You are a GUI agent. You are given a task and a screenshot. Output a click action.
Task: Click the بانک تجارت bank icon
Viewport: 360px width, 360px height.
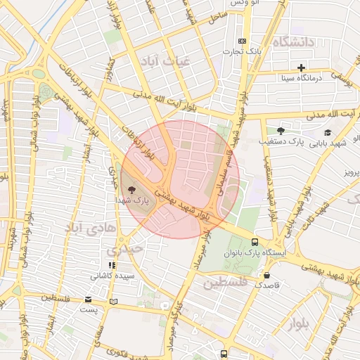pyautogui.click(x=243, y=41)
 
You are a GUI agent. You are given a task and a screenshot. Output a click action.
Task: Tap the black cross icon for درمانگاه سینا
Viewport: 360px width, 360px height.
pyautogui.click(x=302, y=68)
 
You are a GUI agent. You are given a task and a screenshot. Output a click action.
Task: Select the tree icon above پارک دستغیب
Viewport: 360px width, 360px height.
pyautogui.click(x=281, y=131)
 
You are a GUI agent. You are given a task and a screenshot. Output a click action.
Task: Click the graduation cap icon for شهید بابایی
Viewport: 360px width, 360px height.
pyautogui.click(x=327, y=132)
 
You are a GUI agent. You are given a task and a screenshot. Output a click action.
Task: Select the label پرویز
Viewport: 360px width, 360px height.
pyautogui.click(x=347, y=172)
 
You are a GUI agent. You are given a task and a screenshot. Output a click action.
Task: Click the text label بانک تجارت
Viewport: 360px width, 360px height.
pyautogui.click(x=247, y=52)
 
